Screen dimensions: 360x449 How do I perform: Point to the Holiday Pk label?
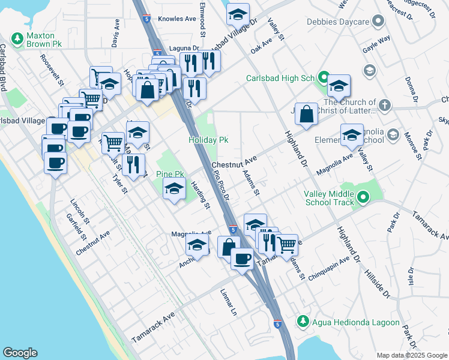point(208,140)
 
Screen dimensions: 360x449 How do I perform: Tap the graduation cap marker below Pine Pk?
point(175,189)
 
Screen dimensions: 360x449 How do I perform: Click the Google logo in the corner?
point(20,353)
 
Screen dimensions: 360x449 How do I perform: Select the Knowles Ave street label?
point(177,19)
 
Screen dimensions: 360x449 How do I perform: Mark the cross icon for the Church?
point(384,106)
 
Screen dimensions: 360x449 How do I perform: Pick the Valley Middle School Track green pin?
point(363,197)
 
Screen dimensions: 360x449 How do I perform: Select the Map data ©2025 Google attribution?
point(411,355)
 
